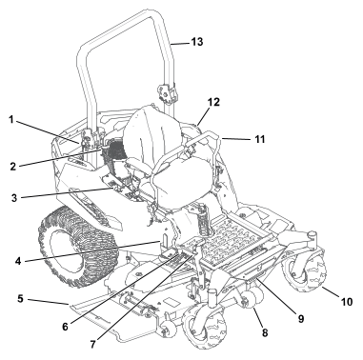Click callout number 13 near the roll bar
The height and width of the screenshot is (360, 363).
197,42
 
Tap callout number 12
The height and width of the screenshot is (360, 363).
213,102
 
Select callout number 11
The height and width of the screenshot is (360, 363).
260,139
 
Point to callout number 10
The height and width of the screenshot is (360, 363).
347,302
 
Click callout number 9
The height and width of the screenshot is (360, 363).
300,318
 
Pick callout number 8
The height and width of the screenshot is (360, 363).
265,332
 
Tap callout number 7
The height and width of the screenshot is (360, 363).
92,345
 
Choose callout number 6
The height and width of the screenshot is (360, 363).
65,327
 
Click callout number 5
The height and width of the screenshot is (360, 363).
20,299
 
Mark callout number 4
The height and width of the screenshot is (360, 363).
18,261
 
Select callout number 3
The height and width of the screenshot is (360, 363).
14,198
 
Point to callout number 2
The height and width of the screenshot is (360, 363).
13,167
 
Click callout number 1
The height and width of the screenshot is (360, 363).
11,120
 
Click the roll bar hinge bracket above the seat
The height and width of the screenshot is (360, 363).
166,93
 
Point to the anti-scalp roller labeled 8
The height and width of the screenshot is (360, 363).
254,298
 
